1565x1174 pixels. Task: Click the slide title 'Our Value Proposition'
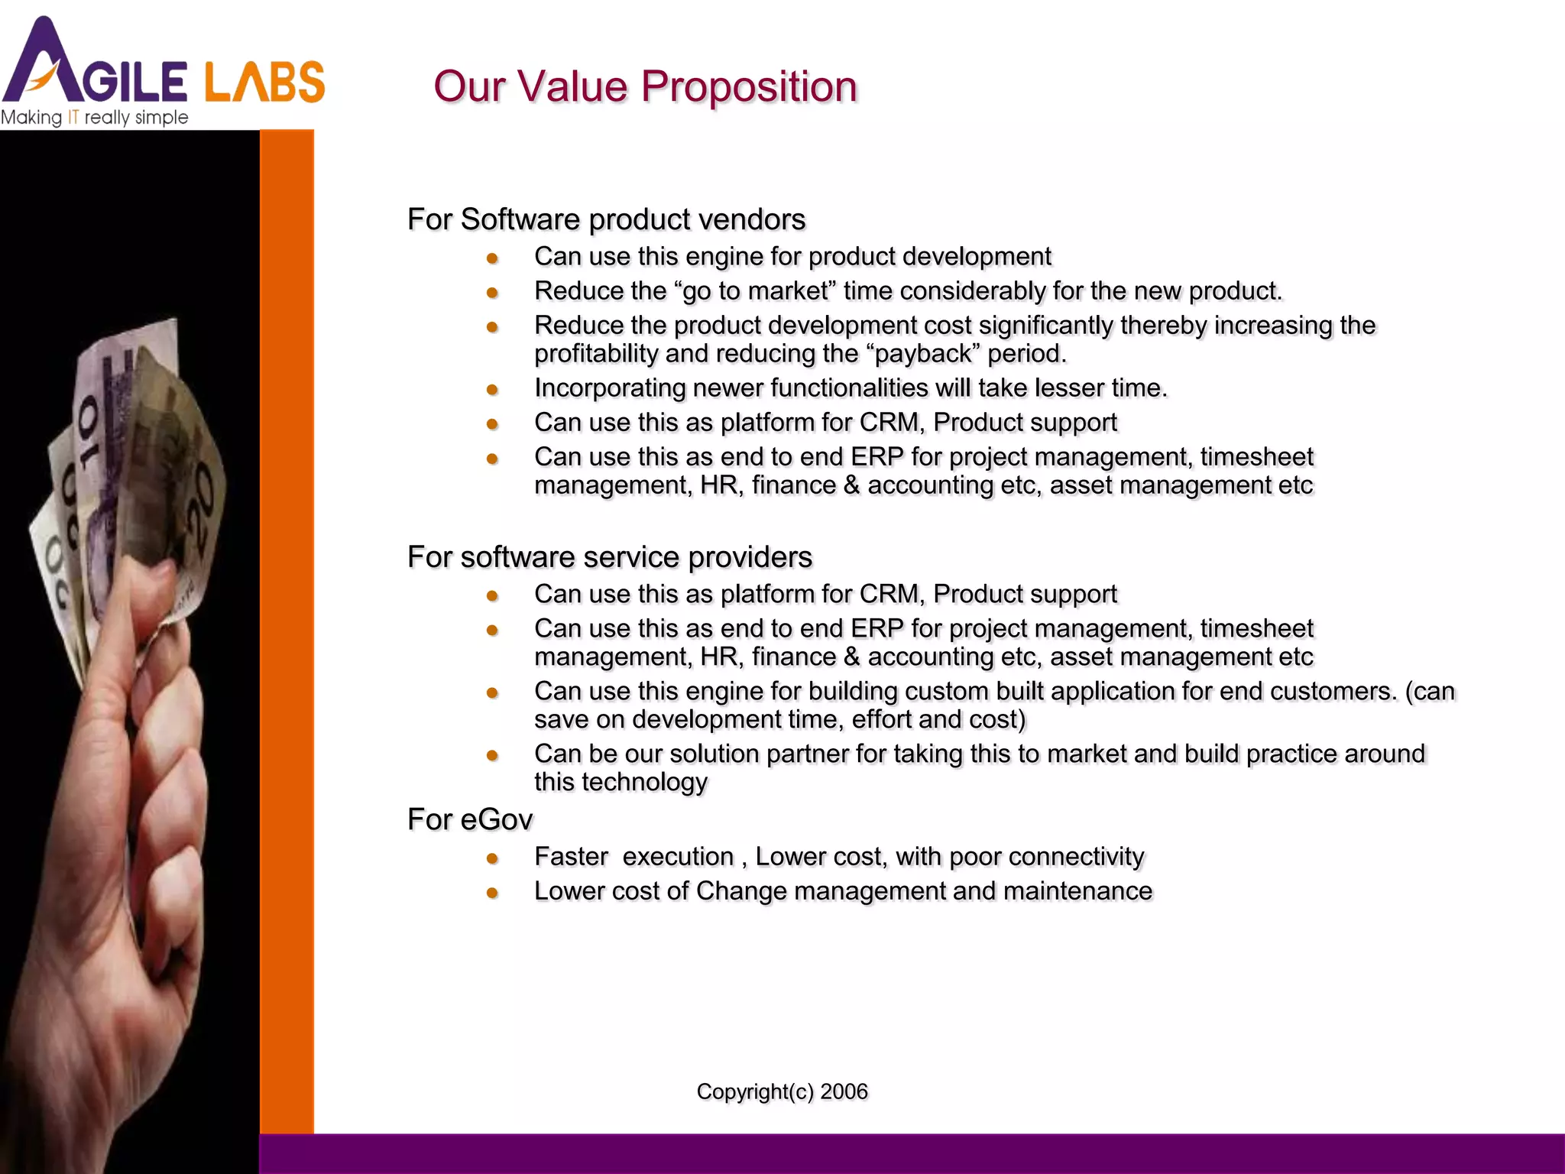pos(645,86)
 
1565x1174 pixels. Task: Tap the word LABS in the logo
pos(264,82)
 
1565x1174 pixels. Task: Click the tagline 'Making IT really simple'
pos(94,118)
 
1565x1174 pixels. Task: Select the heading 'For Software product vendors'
pos(606,219)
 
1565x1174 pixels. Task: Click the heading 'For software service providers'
pos(609,557)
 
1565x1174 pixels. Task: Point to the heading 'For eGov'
pos(469,819)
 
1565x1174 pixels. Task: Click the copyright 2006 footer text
pos(782,1091)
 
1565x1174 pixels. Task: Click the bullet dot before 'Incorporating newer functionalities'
pos(492,390)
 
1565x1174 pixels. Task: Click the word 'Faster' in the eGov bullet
pos(571,857)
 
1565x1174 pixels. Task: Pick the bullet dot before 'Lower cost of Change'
pos(492,893)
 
